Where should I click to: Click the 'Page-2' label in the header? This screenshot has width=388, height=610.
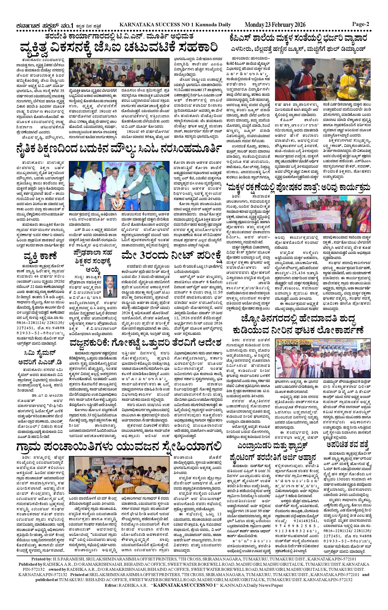pyautogui.click(x=360, y=24)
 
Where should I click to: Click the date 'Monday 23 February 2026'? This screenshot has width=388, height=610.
pyautogui.click(x=275, y=25)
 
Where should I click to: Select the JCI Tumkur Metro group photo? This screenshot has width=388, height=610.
pyautogui.click(x=119, y=72)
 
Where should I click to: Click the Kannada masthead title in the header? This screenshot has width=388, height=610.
pyautogui.click(x=44, y=26)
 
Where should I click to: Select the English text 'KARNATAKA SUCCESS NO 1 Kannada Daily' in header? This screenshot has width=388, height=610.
pyautogui.click(x=175, y=25)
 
